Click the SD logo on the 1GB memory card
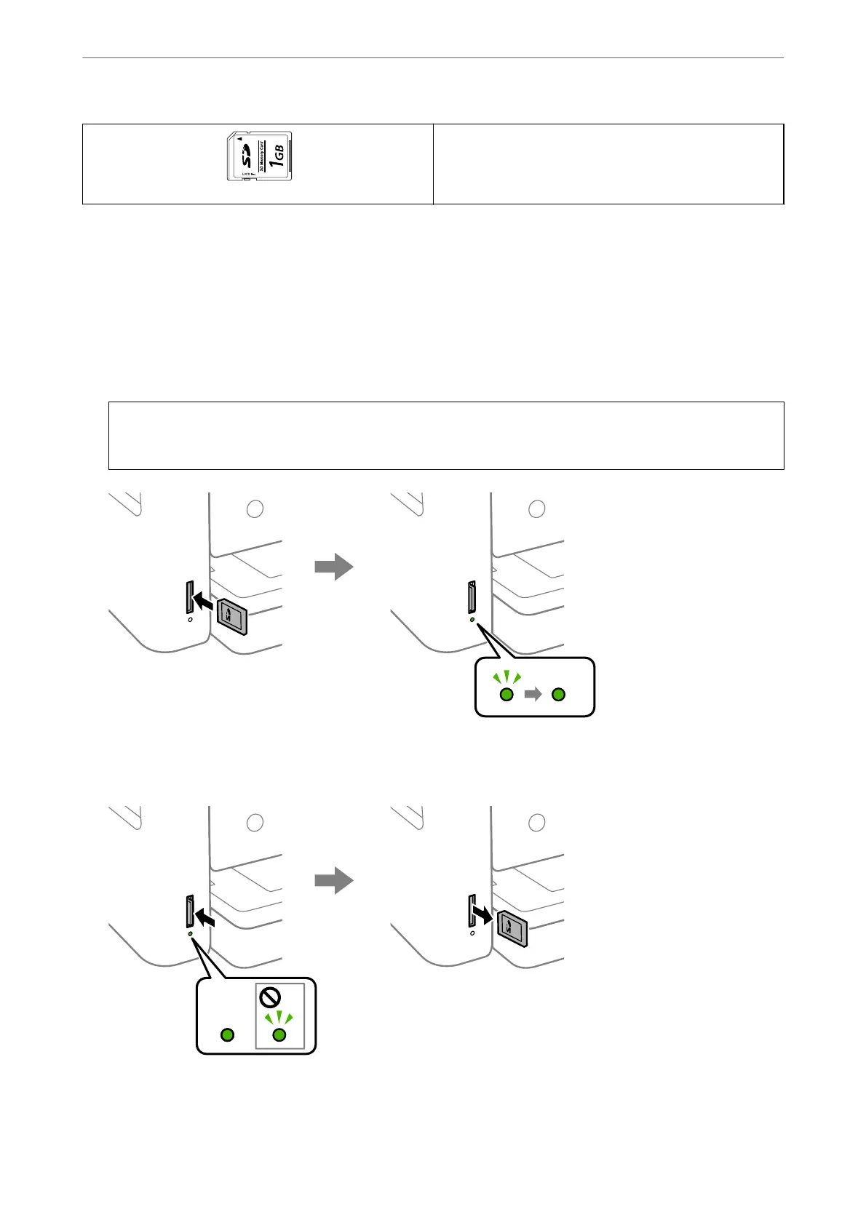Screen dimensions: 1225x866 tap(247, 156)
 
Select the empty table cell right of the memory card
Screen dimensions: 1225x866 tap(608, 164)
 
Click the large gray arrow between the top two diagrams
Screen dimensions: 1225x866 tap(334, 566)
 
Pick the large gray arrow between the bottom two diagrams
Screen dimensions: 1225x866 tap(334, 880)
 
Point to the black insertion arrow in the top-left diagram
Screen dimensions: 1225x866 tap(204, 603)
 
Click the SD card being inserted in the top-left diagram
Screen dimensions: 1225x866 tap(234, 617)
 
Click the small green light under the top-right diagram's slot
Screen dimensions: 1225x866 tap(472, 620)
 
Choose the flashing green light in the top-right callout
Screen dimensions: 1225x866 tap(507, 695)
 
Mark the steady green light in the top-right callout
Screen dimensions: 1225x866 tap(558, 695)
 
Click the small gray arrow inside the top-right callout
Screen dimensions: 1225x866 tap(533, 695)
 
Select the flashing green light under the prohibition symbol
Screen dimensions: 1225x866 tap(279, 1034)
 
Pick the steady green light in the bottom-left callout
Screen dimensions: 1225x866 tap(227, 1034)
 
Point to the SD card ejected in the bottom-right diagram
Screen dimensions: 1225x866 tap(512, 928)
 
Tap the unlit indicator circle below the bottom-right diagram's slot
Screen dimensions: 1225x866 tap(472, 933)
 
